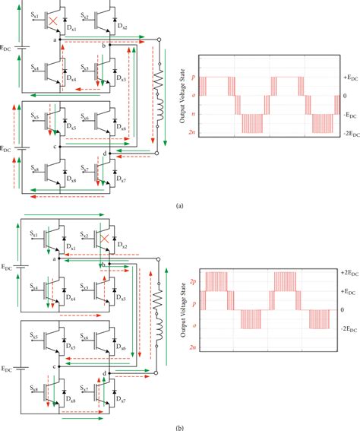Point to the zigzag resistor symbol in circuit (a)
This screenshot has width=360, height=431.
pos(159,84)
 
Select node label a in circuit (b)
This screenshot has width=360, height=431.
pos(55,260)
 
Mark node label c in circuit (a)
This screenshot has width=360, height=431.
pos(55,146)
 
